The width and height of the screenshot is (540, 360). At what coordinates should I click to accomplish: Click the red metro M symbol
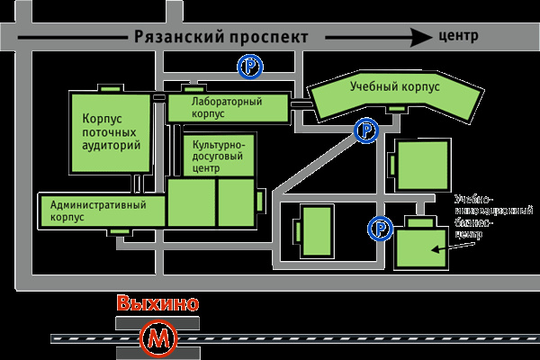coord(159,338)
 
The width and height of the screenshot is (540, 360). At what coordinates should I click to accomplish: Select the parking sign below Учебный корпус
coord(366,131)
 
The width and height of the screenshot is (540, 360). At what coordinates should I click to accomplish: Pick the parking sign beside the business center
coord(381,229)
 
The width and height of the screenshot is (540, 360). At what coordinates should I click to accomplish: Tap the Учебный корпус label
coord(394,88)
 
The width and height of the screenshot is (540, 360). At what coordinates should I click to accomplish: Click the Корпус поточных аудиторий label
coord(111,130)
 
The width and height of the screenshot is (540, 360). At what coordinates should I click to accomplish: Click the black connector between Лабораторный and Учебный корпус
coord(300,103)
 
